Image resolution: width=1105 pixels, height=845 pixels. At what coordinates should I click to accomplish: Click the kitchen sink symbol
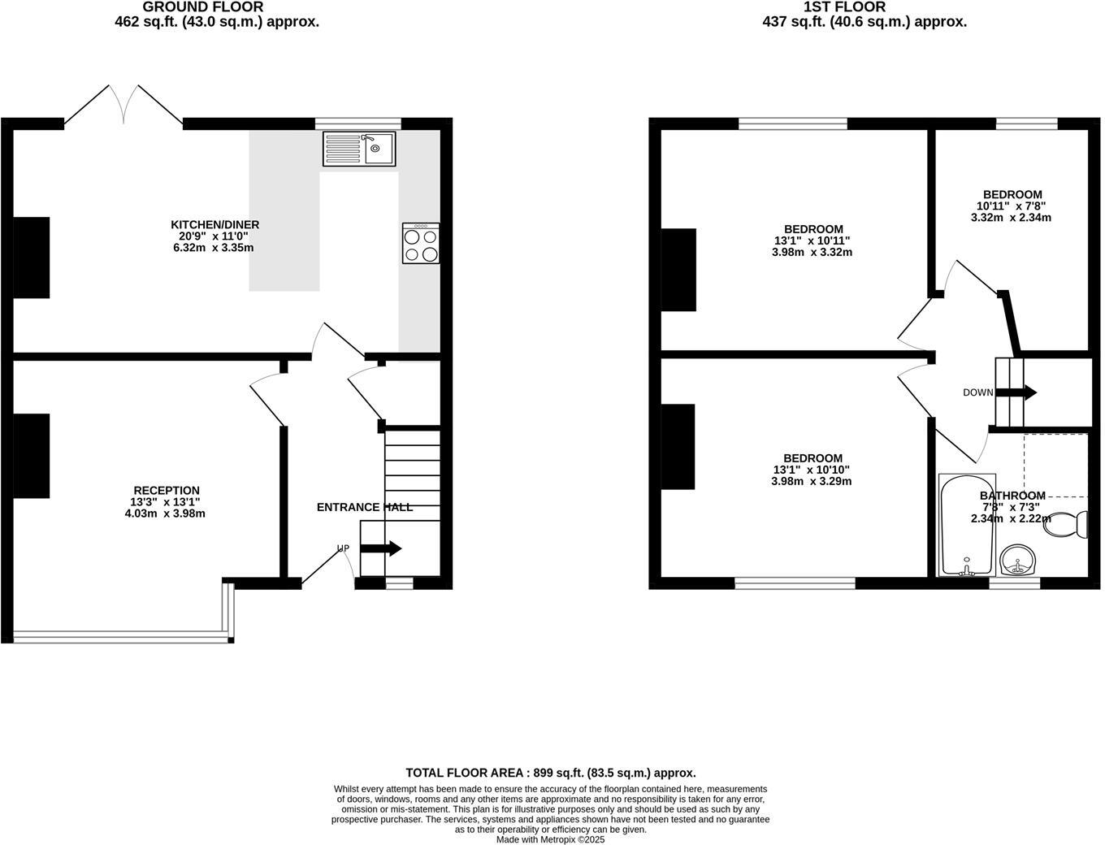click(359, 149)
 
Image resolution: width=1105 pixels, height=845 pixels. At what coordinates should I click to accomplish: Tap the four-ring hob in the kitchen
click(421, 244)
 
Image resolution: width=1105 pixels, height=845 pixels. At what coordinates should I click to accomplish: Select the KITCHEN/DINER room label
click(214, 224)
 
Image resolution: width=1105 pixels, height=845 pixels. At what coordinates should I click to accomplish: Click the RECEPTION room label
click(166, 490)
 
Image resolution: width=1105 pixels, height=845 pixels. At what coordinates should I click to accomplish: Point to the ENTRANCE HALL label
click(364, 507)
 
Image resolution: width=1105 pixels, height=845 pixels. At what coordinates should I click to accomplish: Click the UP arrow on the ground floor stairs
click(380, 548)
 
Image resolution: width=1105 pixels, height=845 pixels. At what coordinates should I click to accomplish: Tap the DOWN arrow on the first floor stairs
click(1016, 392)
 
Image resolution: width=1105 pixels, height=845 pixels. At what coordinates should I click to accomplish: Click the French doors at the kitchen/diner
click(123, 106)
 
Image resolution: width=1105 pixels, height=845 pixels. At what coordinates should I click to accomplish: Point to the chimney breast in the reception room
click(31, 456)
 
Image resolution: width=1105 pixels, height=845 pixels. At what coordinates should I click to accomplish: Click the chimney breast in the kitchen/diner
click(31, 258)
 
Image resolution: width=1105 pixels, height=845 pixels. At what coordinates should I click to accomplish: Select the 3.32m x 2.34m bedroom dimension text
click(1012, 218)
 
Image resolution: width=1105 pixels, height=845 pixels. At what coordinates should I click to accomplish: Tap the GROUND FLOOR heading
click(203, 7)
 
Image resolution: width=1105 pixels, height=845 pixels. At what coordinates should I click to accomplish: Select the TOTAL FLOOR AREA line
click(550, 773)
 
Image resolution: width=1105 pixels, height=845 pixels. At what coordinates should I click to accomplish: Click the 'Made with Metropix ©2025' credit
click(551, 839)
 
